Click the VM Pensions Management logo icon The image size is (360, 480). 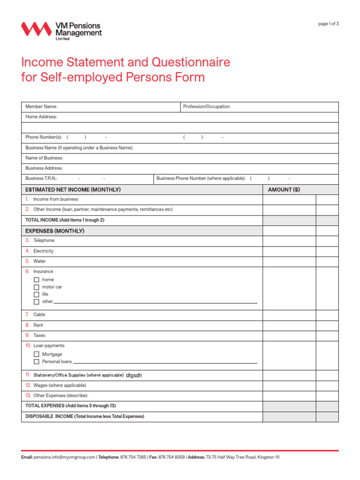(36, 30)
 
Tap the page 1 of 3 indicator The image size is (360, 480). (328, 24)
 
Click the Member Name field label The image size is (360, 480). (41, 107)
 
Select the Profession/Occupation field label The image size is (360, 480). (207, 107)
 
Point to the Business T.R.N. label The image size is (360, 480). (41, 179)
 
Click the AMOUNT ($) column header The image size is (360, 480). (284, 189)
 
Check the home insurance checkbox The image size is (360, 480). (37, 280)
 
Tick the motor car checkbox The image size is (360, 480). (37, 287)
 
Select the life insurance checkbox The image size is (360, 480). (37, 294)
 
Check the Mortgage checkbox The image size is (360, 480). (37, 354)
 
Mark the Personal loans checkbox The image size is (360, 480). (37, 362)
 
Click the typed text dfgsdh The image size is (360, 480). (134, 375)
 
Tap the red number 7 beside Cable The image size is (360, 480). (27, 315)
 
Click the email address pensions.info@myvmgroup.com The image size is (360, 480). (64, 457)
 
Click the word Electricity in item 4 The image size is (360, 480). (43, 251)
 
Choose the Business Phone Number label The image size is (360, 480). (201, 179)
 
